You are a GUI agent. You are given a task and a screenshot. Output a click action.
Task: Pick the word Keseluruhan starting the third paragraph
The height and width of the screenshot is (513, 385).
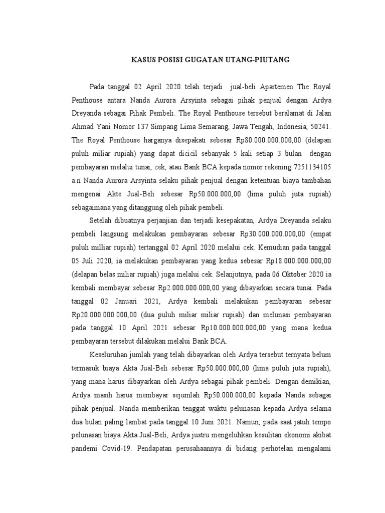coord(113,354)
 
